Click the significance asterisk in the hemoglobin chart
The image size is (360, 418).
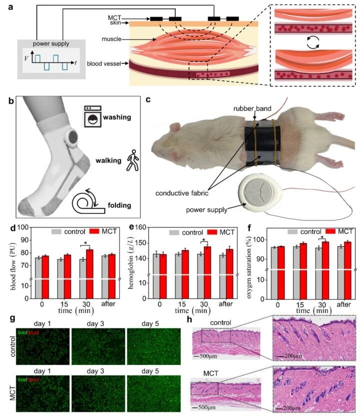[x=204, y=240]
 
